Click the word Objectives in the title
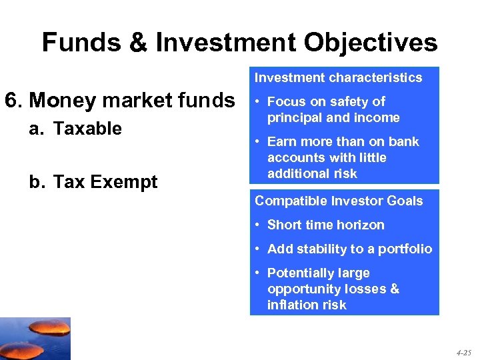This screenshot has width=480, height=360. point(364,43)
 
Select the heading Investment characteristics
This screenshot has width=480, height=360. point(338,77)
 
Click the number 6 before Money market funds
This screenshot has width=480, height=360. point(11,100)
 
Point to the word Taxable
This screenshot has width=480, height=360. point(87,128)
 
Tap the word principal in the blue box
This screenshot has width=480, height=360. point(295,118)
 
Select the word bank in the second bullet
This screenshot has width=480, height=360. point(406,141)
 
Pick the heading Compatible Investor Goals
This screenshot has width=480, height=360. point(339,201)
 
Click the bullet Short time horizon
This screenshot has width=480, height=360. point(325,225)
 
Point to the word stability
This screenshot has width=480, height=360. point(319,249)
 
